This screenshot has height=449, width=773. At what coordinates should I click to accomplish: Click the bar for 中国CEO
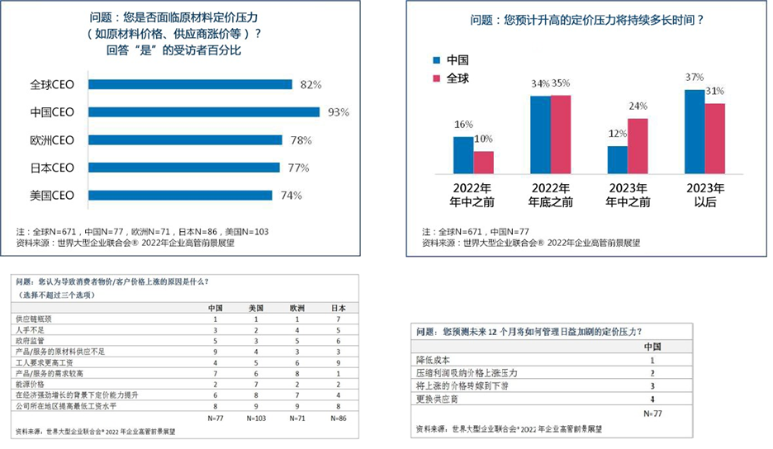tap(203, 112)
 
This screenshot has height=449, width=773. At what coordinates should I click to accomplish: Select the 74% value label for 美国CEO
tap(292, 196)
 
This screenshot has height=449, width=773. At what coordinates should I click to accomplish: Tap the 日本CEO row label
tap(52, 168)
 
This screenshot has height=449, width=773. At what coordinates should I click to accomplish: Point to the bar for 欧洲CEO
tap(185, 140)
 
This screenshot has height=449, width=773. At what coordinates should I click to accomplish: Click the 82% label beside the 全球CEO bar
tap(311, 84)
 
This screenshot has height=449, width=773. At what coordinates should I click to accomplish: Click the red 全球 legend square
tap(436, 78)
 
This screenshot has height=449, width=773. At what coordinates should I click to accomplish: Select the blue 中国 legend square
tap(436, 60)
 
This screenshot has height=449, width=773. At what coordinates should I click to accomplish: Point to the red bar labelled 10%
tap(483, 163)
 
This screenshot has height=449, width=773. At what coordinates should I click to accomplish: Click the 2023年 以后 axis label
tap(704, 195)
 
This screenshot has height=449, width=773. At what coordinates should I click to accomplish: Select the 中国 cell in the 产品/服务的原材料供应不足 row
tap(216, 351)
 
